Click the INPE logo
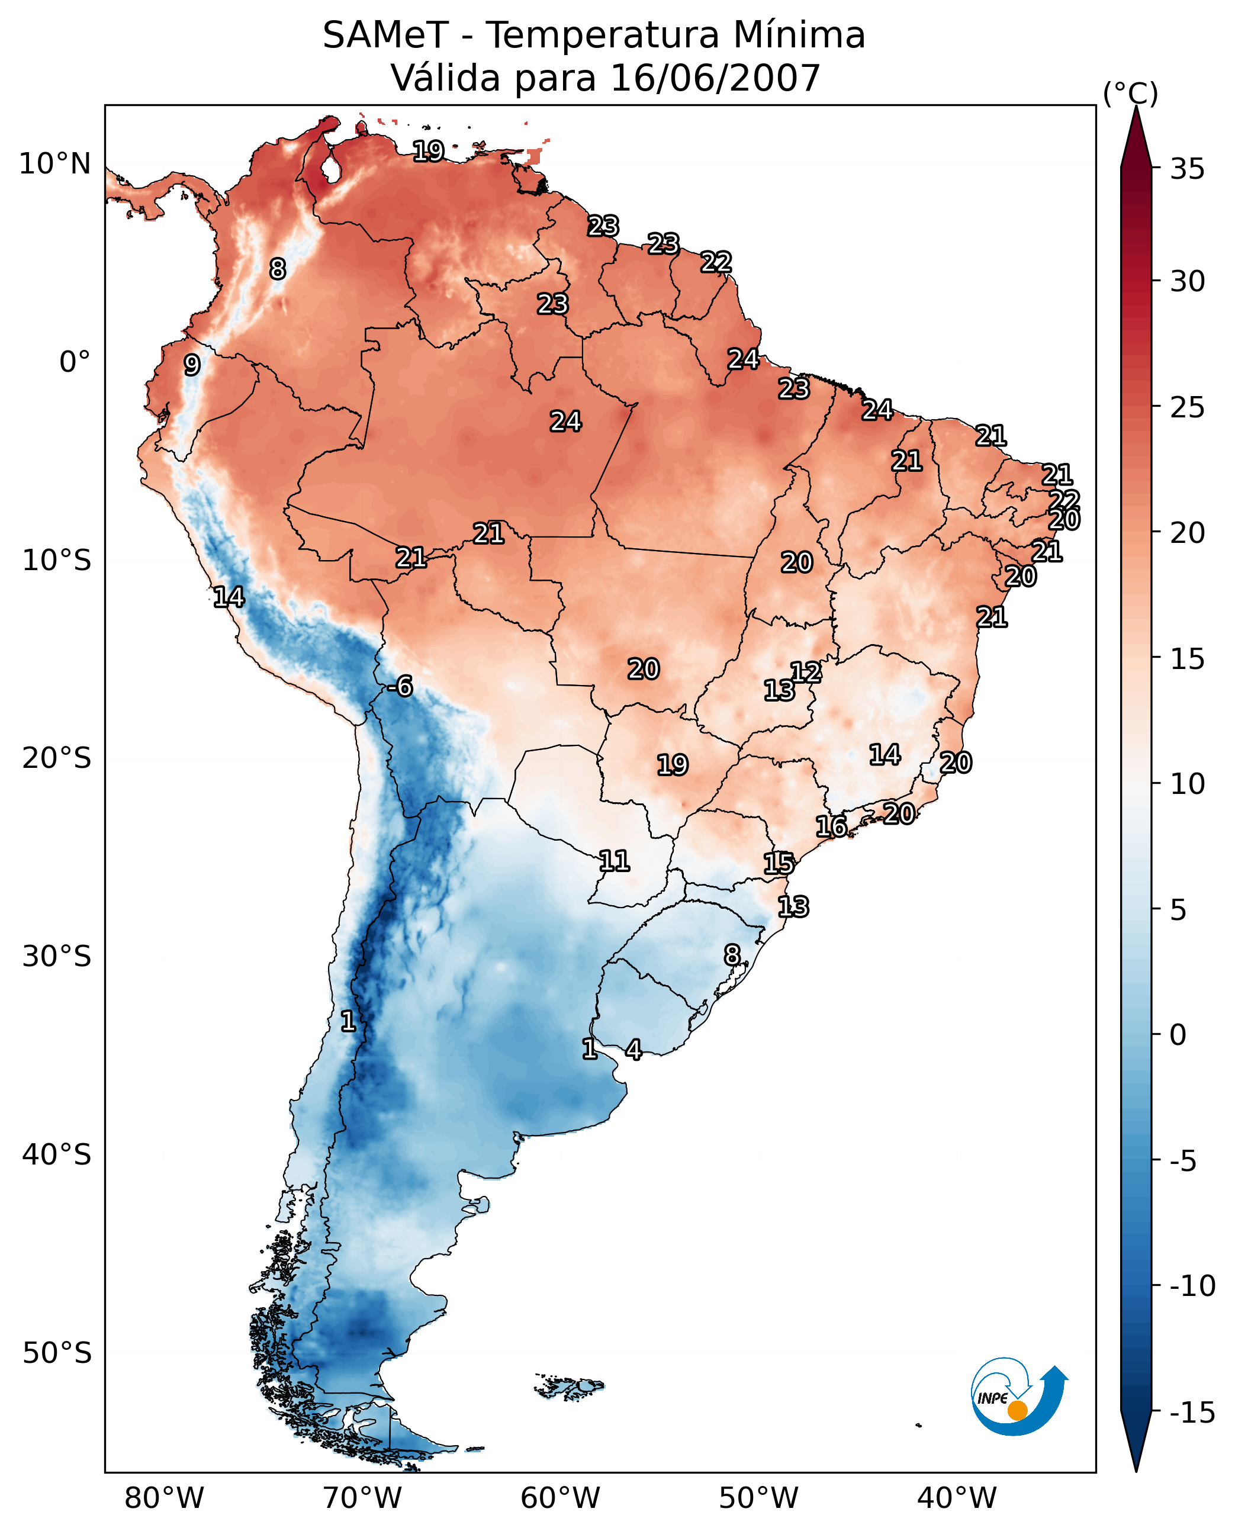pos(1019,1397)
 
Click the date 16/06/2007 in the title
pos(716,78)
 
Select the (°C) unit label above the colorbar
pos(1130,93)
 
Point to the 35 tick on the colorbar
pos(1187,169)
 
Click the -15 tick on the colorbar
pos(1192,1412)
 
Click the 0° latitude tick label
pos(75,362)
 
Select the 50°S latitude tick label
pos(57,1352)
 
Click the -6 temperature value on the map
pos(400,687)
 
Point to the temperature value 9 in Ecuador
pos(192,365)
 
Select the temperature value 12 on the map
pos(806,671)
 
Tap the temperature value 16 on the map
pos(831,826)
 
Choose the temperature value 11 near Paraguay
pos(614,861)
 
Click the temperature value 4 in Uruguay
pos(633,1049)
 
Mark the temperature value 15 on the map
pos(779,864)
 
